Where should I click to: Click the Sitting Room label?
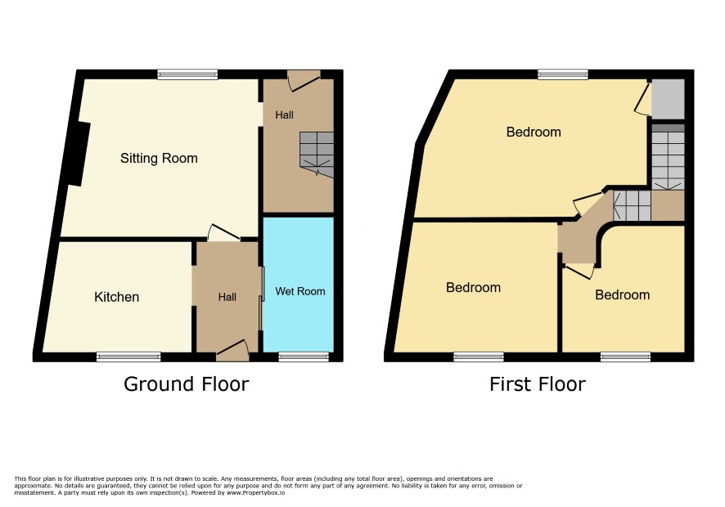tap(159, 159)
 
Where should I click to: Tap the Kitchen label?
tap(116, 297)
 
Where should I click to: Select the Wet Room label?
tap(300, 291)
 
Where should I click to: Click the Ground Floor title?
tap(187, 384)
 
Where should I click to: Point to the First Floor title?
tap(538, 384)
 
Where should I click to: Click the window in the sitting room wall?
tap(187, 74)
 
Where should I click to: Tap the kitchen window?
tap(128, 357)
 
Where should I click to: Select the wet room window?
tap(304, 357)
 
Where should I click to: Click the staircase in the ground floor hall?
tap(317, 155)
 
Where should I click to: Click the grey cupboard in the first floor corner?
tap(668, 98)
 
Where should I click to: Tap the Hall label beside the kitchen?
tap(227, 297)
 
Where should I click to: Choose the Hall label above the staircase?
tap(284, 114)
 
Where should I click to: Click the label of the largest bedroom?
tap(534, 132)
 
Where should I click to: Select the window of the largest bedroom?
tap(563, 74)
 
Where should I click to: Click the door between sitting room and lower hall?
tap(223, 232)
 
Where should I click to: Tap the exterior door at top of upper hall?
tap(304, 80)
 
